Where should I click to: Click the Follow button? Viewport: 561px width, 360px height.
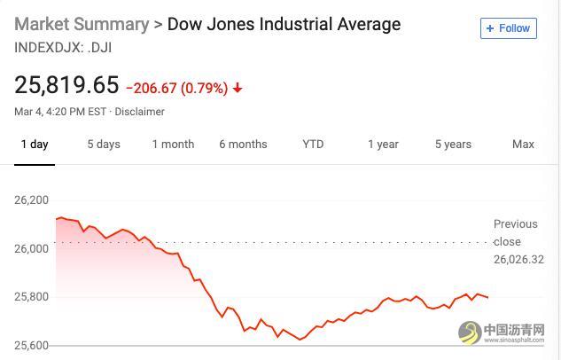[508, 28]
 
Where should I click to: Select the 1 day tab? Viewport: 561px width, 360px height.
[35, 145]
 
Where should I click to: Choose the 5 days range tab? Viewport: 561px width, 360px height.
[104, 145]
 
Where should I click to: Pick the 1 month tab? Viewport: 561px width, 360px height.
[173, 145]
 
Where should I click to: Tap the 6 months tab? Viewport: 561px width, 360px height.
[243, 145]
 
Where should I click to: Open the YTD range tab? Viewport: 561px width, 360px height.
[313, 145]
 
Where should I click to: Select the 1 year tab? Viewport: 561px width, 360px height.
[383, 145]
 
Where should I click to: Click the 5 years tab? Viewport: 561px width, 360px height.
[453, 145]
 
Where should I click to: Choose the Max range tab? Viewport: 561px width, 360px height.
[523, 145]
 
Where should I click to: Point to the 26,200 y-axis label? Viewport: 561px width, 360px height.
[32, 200]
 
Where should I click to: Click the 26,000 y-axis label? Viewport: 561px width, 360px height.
[32, 249]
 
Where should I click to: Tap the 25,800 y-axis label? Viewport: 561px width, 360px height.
[32, 297]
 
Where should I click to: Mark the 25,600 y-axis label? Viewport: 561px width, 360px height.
[32, 346]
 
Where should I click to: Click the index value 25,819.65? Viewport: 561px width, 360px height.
[66, 85]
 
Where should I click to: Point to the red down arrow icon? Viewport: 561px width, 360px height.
[238, 89]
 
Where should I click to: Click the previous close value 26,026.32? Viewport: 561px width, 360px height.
[518, 259]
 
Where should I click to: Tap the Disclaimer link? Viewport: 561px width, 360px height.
[140, 112]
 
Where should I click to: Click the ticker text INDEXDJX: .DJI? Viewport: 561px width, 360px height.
[63, 46]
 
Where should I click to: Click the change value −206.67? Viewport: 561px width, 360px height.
[152, 88]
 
